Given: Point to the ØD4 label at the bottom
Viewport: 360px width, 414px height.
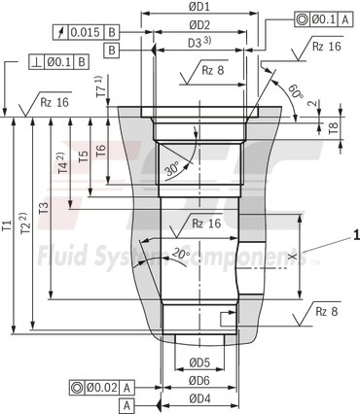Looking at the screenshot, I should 199,398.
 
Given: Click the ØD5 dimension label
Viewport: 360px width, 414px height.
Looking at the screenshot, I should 199,363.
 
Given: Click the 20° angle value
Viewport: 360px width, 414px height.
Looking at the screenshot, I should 180,254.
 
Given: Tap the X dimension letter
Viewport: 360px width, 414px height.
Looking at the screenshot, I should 293,257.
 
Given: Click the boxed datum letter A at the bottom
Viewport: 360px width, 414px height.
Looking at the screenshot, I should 126,403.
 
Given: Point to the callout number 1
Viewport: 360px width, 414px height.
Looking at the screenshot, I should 356,234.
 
